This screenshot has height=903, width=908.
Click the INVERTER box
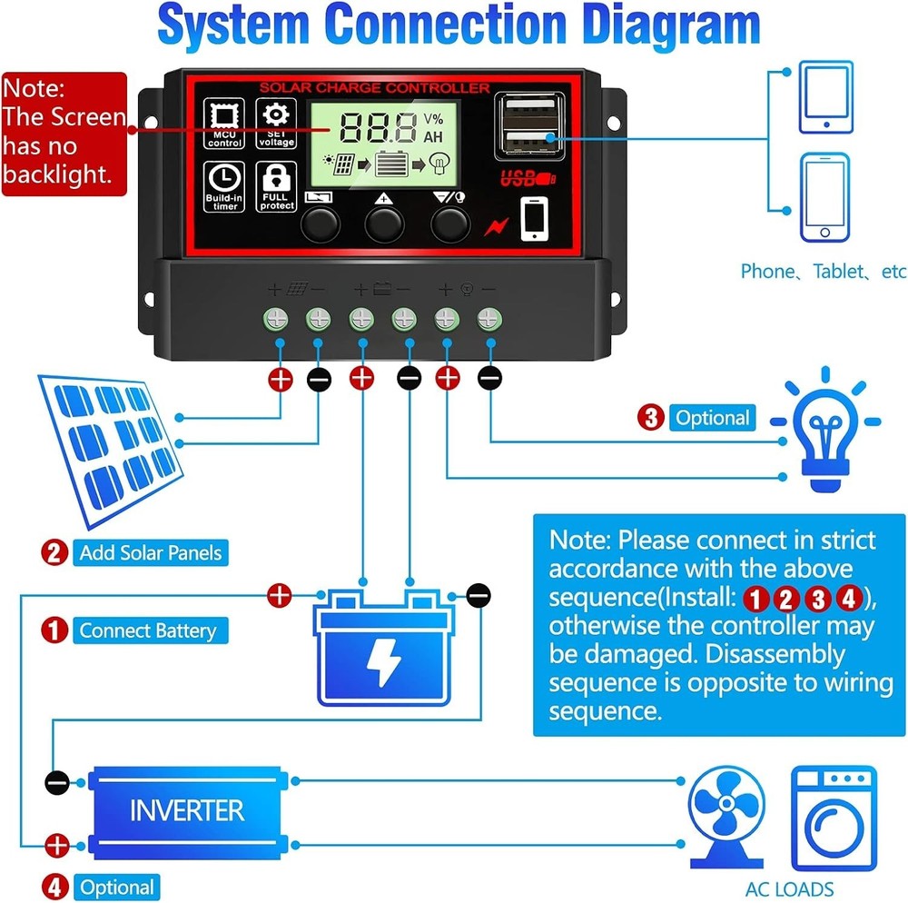coord(186,810)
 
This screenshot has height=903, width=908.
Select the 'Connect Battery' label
coord(147,631)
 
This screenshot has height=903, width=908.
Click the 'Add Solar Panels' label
coord(150,552)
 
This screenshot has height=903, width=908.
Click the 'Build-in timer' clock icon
coord(223,187)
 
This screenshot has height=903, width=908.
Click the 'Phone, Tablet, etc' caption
coord(823,271)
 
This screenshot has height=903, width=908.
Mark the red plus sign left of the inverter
coord(56,846)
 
